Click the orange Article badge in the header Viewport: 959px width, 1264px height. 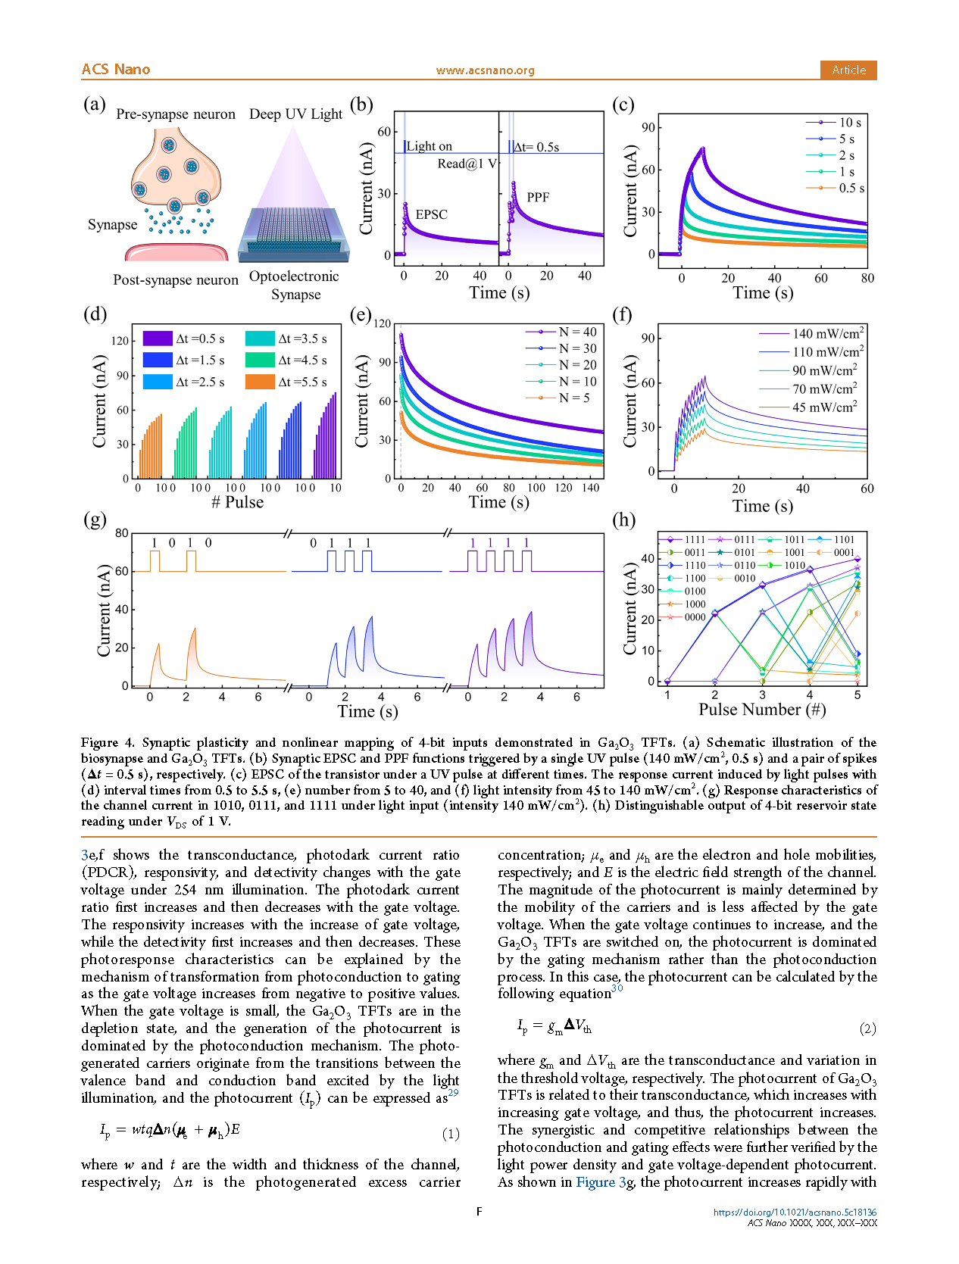[848, 70]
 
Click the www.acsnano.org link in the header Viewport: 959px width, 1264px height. [485, 70]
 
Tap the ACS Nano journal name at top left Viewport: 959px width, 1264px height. [116, 70]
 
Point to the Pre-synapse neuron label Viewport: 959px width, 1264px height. [175, 114]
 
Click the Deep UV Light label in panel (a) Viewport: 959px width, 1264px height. [295, 114]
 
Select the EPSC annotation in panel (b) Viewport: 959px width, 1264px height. [432, 215]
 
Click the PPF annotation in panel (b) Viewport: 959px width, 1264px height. [538, 198]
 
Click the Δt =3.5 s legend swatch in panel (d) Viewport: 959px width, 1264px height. [260, 339]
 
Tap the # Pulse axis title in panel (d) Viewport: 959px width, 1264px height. [237, 502]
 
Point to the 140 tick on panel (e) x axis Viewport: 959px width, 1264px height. [591, 488]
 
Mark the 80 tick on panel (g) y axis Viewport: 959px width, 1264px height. [122, 533]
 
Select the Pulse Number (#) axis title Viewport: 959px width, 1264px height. [762, 710]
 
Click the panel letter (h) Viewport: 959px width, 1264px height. [623, 520]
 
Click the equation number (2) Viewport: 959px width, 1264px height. [867, 1028]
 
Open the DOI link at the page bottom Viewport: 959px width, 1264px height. [795, 1212]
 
